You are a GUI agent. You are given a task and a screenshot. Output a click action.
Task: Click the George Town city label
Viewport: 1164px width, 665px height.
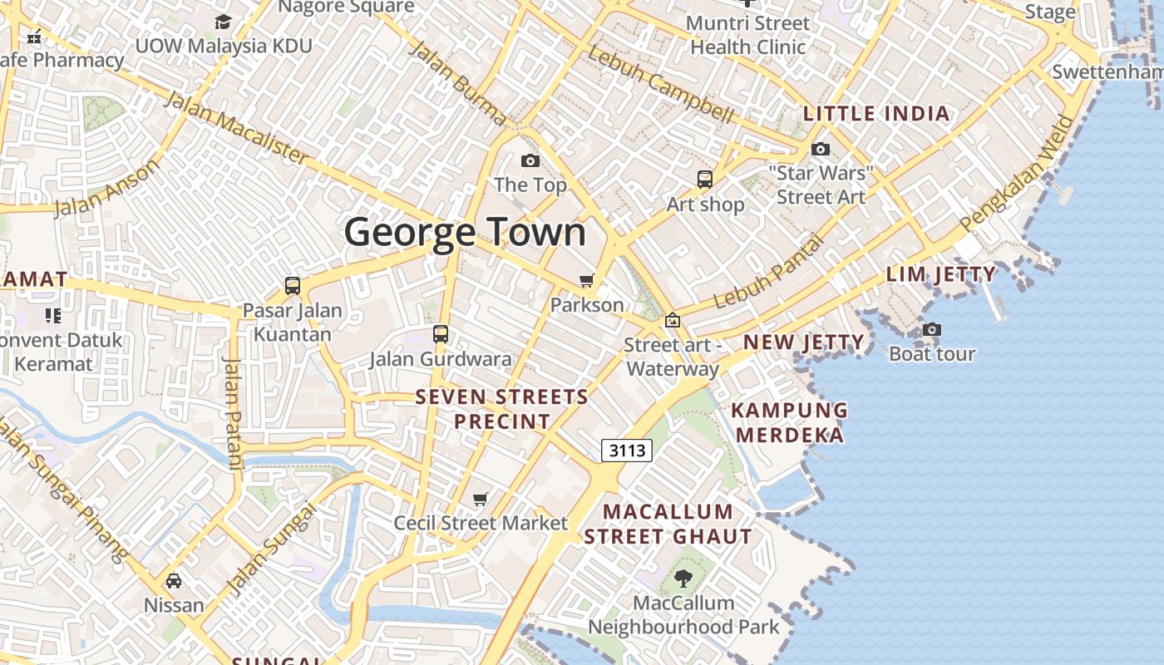click(x=466, y=232)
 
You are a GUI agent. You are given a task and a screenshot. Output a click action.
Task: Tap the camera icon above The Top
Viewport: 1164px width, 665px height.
click(x=530, y=160)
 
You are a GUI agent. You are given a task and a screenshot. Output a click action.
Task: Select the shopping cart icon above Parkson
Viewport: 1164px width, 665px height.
click(x=587, y=280)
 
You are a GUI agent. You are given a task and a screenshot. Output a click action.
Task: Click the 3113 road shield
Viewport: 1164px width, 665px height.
click(x=626, y=451)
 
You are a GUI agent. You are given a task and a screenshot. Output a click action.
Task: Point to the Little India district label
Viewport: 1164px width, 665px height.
click(x=876, y=114)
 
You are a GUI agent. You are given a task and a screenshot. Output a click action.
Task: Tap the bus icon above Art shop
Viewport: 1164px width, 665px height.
click(x=704, y=179)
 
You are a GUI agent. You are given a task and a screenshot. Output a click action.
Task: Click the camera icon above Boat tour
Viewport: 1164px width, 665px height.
click(x=931, y=330)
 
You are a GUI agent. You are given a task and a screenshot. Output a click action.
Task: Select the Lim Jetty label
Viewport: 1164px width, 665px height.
click(x=940, y=274)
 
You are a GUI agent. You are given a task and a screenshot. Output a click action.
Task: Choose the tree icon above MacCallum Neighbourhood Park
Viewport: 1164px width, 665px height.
click(x=683, y=579)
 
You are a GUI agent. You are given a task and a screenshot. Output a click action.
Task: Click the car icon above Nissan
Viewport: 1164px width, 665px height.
click(x=174, y=580)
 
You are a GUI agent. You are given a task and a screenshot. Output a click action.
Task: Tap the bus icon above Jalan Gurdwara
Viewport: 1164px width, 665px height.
click(x=441, y=334)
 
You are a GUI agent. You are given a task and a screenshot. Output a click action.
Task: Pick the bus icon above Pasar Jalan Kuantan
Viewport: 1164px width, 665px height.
click(x=293, y=286)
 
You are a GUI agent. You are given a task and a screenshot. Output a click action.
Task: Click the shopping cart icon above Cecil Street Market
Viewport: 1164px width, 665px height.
click(x=480, y=499)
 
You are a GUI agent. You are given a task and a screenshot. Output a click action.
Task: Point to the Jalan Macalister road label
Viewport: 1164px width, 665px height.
click(x=237, y=126)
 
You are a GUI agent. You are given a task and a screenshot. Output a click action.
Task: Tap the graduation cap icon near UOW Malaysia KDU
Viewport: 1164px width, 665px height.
click(x=223, y=22)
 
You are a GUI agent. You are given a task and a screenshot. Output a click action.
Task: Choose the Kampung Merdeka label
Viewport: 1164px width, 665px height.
click(x=790, y=422)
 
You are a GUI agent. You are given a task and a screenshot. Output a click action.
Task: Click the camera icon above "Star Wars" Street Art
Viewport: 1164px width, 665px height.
click(x=821, y=150)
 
